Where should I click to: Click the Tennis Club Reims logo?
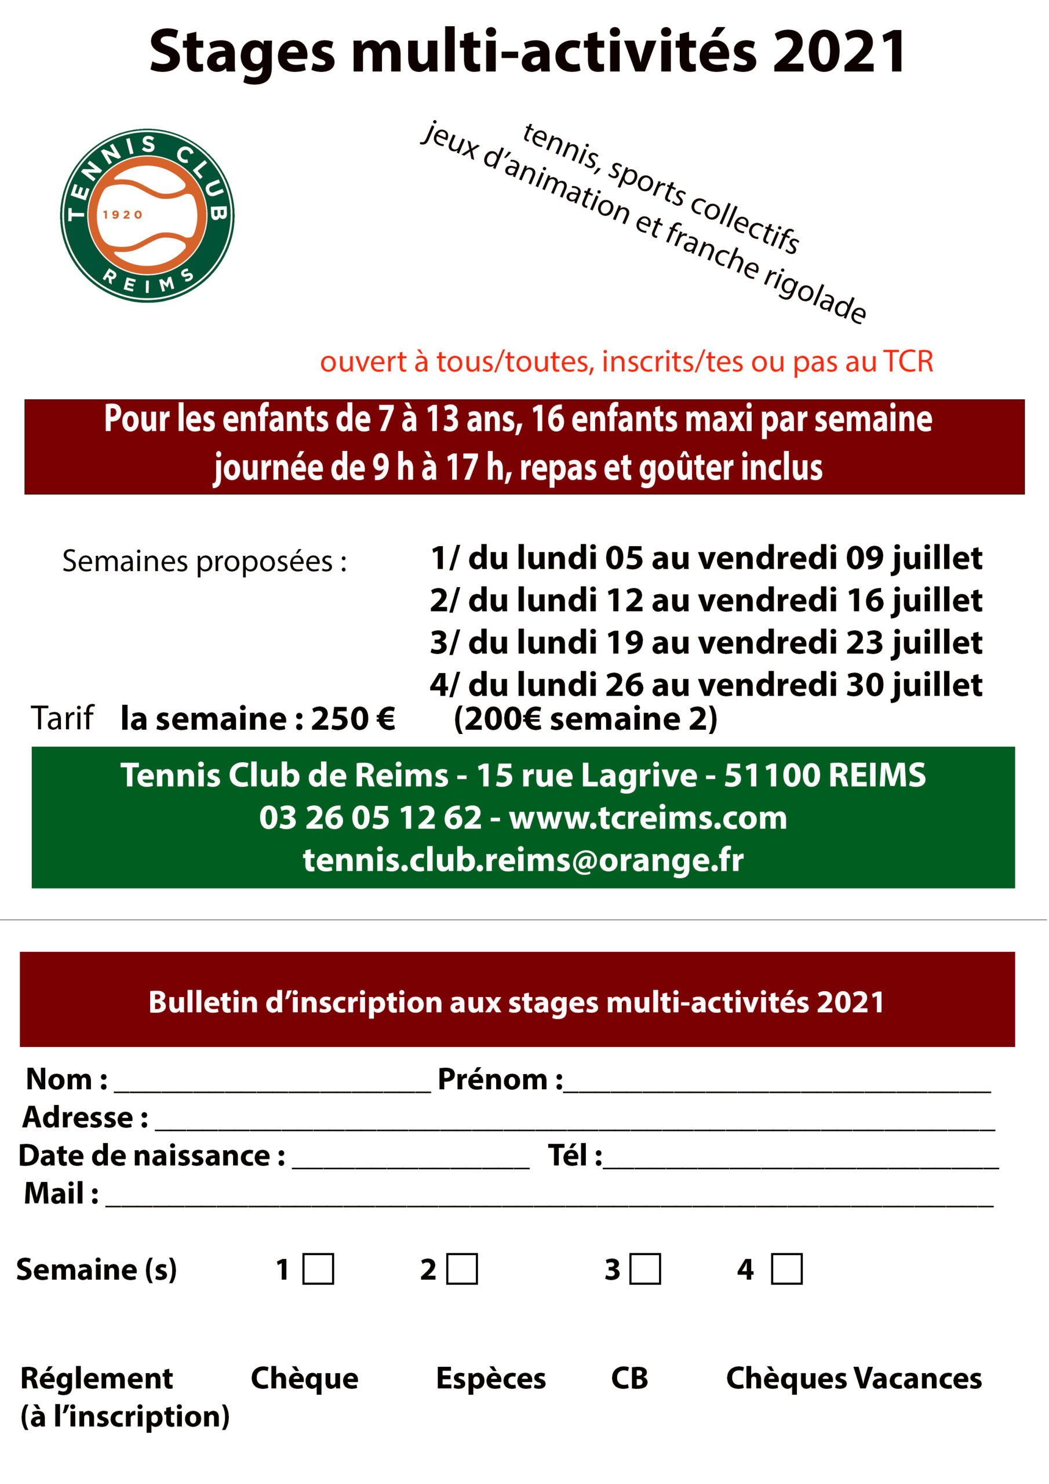147,215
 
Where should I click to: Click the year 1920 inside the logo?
122,214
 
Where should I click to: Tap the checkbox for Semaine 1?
319,1269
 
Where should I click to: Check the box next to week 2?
462,1269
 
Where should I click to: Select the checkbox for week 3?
646,1269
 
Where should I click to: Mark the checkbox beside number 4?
786,1269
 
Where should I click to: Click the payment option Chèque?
304,1378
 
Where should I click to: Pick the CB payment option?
629,1378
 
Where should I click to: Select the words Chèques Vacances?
854,1378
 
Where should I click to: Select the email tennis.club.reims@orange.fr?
523,860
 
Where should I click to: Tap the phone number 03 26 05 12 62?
370,817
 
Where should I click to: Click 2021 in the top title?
840,52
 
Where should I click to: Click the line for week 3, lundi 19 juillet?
706,642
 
